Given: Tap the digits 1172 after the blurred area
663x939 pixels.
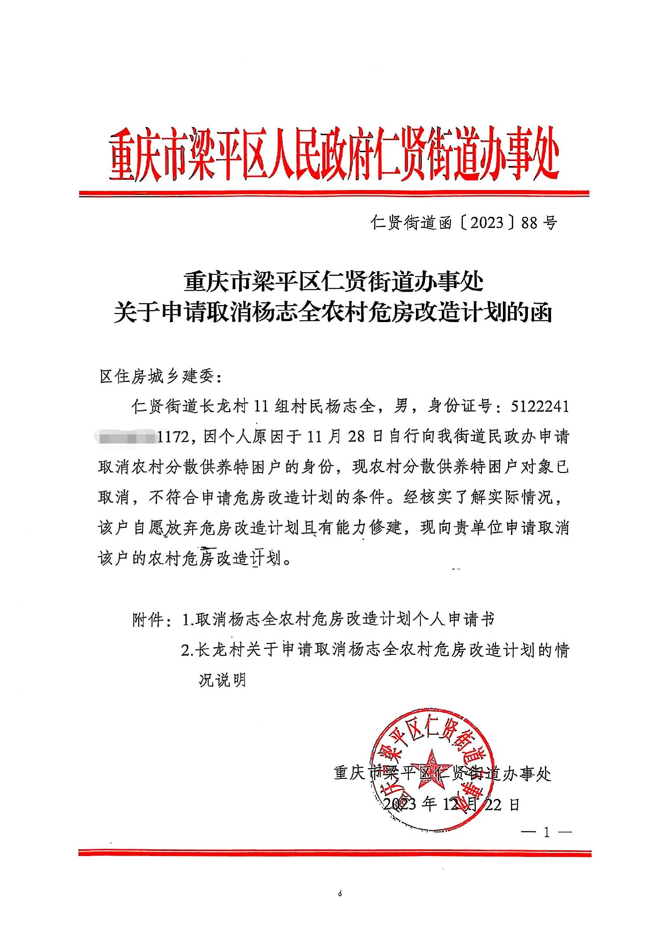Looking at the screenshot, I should pos(175,437).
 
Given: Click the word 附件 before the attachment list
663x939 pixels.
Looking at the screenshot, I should pos(149,620).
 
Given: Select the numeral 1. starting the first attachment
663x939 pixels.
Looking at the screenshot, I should pos(187,620).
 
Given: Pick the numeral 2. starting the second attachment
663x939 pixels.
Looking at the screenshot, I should pos(187,650).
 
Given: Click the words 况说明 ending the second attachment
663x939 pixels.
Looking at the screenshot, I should pos(222,680).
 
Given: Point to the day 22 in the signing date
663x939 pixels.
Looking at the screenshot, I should pos(493,804).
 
